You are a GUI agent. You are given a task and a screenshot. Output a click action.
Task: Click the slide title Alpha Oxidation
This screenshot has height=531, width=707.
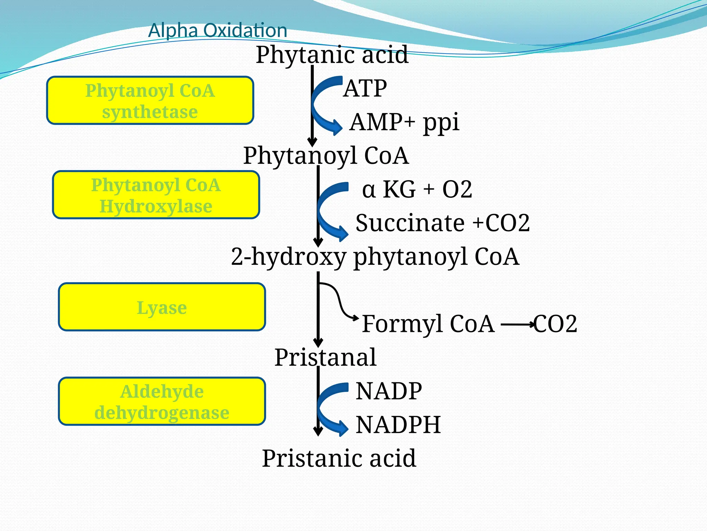[217, 30]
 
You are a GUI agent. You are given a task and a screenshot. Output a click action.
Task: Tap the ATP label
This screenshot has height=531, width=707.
[365, 88]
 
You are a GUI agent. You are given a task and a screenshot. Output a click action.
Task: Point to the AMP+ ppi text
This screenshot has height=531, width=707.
[404, 122]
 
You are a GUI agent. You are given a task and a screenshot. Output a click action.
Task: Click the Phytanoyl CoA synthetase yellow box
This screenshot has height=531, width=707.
[150, 101]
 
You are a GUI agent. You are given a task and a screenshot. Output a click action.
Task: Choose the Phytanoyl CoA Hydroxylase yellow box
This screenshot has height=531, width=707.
[156, 195]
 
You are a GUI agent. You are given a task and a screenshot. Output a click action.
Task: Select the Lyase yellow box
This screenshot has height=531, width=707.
[162, 307]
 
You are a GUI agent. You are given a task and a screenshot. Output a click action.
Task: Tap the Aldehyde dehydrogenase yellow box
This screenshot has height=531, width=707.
[162, 401]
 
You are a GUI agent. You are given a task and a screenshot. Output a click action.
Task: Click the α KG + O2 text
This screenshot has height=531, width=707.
[417, 189]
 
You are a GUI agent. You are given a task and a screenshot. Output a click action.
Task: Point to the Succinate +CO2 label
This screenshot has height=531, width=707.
[443, 223]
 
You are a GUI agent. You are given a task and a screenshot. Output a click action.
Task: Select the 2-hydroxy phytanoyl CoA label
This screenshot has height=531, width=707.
[375, 257]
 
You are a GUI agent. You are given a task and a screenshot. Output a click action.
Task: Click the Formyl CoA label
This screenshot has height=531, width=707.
[428, 324]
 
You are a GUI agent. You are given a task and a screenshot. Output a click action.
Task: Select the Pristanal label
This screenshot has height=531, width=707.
[325, 357]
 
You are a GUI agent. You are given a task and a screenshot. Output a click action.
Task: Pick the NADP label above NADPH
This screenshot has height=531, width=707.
[389, 391]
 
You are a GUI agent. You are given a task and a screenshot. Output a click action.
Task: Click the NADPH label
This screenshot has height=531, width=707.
[398, 425]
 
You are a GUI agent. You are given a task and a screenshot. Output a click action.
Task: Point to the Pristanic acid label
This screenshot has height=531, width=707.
[339, 458]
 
